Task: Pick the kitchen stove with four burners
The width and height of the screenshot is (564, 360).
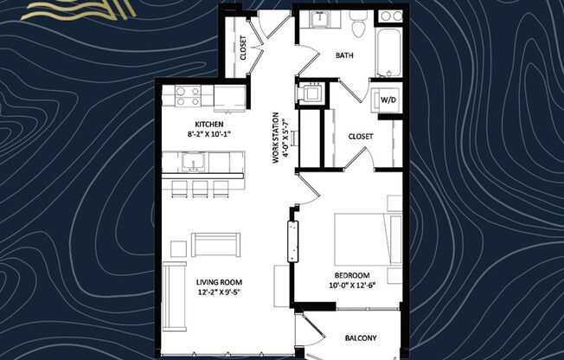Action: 188,96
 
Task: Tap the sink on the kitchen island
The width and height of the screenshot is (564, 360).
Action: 192,161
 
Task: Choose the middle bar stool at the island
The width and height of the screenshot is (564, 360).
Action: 200,188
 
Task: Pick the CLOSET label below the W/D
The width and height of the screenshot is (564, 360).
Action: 361,136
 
